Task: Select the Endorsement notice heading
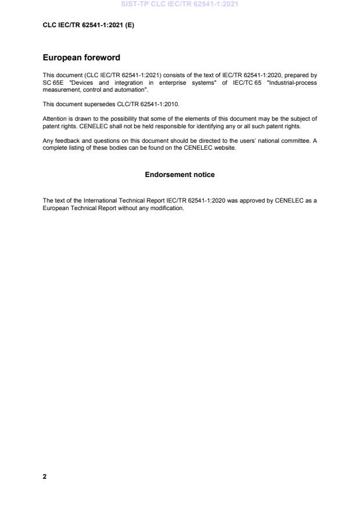pos(179,175)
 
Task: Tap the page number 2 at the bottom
pos(45,476)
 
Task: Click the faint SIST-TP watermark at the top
pos(179,4)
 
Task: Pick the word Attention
pos(54,118)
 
